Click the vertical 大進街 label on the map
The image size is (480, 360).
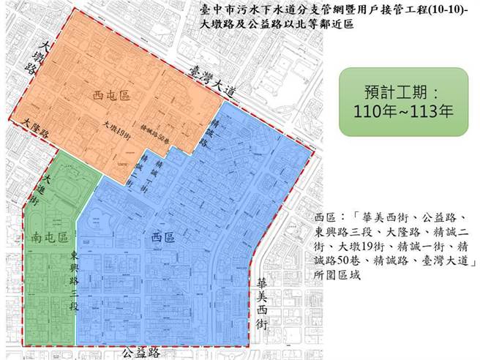click(x=48, y=189)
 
